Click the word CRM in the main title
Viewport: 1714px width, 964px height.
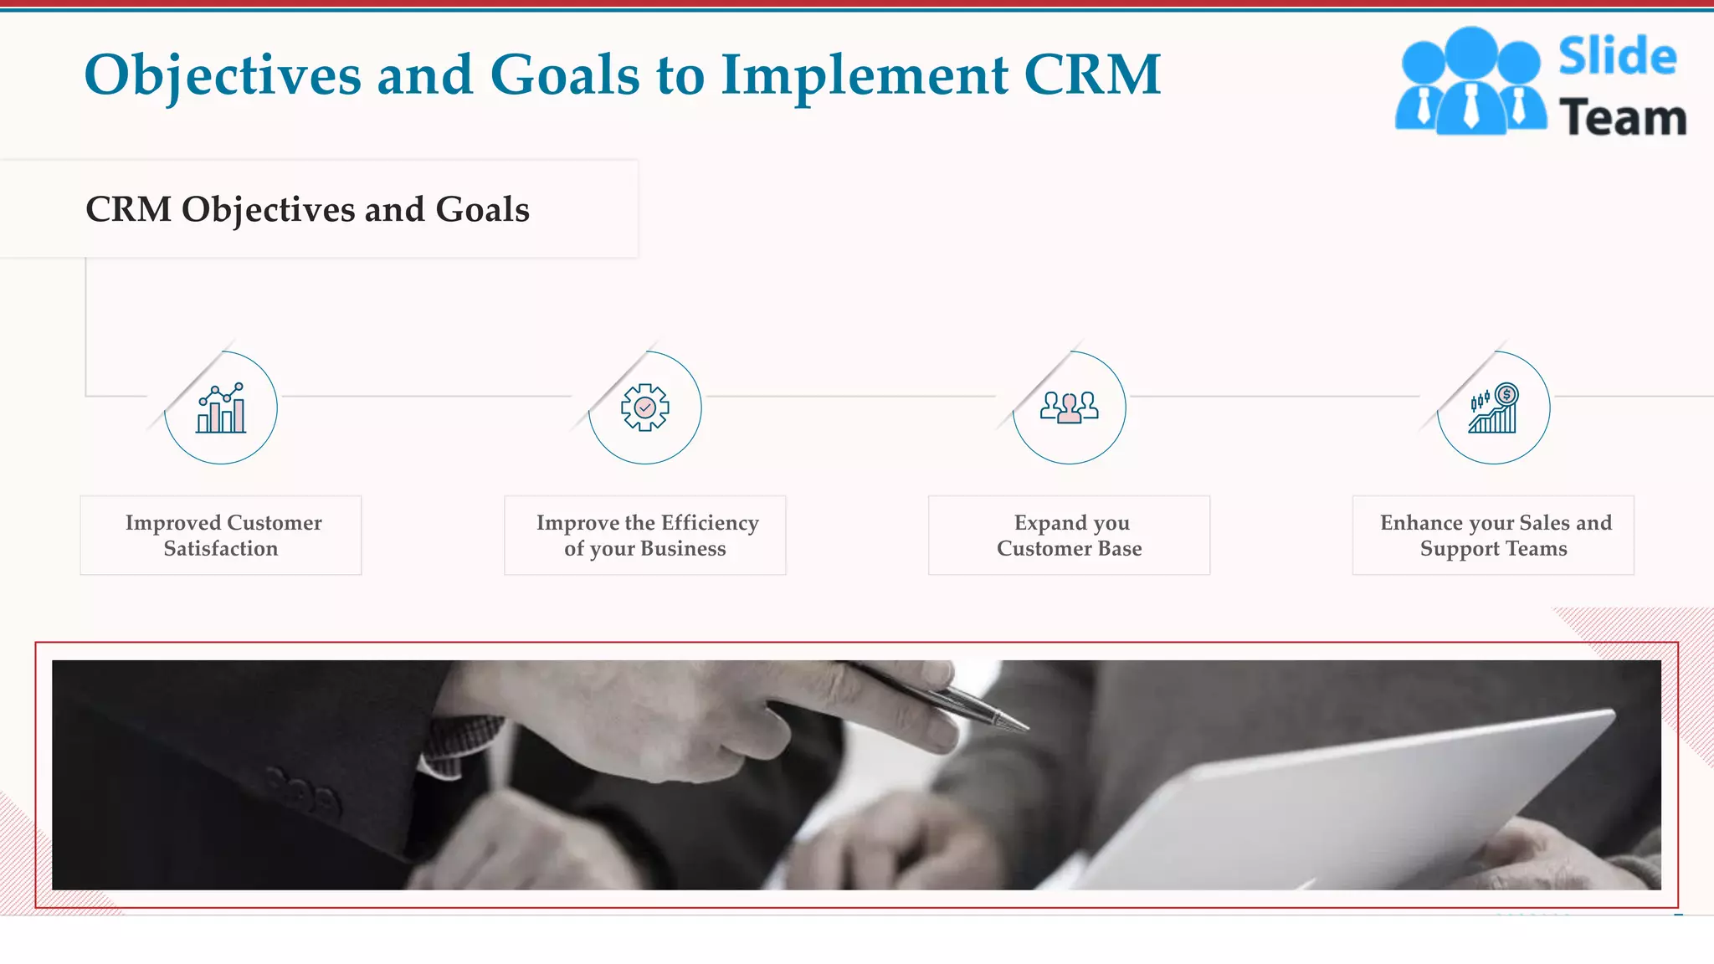pos(1092,75)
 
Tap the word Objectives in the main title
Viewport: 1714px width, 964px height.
pos(223,75)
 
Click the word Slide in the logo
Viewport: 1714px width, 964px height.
pos(1617,57)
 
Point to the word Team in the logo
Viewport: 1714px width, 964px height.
pos(1623,118)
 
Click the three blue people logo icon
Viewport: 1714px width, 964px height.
pos(1470,82)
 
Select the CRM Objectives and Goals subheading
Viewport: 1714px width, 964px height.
pos(307,209)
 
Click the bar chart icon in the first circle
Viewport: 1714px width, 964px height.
pos(221,408)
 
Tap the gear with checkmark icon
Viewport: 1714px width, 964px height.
pos(645,408)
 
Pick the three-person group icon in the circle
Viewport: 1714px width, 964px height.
pos(1070,408)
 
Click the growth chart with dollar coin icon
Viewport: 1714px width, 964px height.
pos(1494,408)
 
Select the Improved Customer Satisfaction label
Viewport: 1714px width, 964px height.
pos(222,536)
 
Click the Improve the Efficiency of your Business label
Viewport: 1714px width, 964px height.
pos(646,536)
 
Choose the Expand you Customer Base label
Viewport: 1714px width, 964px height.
pos(1070,536)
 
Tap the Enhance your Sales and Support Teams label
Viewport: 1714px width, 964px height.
pos(1494,536)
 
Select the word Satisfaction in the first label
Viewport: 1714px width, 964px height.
pos(221,549)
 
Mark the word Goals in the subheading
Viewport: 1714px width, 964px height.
pos(483,209)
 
